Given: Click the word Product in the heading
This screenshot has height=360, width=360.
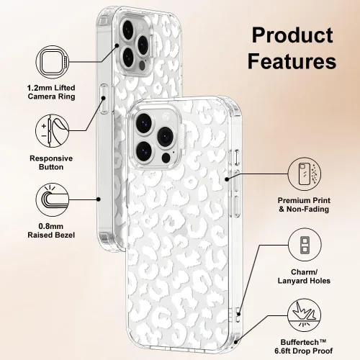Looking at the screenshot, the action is pyautogui.click(x=292, y=35).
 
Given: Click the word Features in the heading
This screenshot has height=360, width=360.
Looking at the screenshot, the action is pyautogui.click(x=292, y=60).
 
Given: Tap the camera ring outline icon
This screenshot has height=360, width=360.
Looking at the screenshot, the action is pyautogui.click(x=53, y=62).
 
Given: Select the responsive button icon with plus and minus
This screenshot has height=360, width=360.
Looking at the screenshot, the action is pyautogui.click(x=53, y=131).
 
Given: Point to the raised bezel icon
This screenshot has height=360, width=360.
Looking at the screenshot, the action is pyautogui.click(x=53, y=199).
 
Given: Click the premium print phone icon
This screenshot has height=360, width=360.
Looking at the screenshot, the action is pyautogui.click(x=305, y=174).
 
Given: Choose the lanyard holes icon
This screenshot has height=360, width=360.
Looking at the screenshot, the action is pyautogui.click(x=305, y=245).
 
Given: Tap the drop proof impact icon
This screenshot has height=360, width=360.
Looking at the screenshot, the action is pyautogui.click(x=305, y=315).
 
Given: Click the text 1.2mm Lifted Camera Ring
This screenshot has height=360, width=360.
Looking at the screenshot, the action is pyautogui.click(x=51, y=92).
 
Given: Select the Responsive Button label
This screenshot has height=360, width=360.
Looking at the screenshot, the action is pyautogui.click(x=51, y=163).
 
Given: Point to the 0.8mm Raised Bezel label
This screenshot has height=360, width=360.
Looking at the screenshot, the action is pyautogui.click(x=51, y=230).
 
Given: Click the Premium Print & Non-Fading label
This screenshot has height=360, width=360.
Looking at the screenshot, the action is pyautogui.click(x=304, y=204).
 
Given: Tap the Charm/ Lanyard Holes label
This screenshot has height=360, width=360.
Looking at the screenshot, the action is pyautogui.click(x=304, y=276).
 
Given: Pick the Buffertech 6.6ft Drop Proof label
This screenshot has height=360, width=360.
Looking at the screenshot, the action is pyautogui.click(x=304, y=346).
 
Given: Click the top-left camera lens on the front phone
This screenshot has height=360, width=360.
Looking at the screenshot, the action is pyautogui.click(x=143, y=123).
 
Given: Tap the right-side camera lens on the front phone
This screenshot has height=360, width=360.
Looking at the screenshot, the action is pyautogui.click(x=165, y=137).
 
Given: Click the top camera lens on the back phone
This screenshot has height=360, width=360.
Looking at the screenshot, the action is pyautogui.click(x=128, y=30).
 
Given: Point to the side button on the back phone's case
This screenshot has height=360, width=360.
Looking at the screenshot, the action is pyautogui.click(x=104, y=99).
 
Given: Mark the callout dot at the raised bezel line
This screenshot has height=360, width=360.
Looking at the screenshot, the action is pyautogui.click(x=99, y=199).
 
